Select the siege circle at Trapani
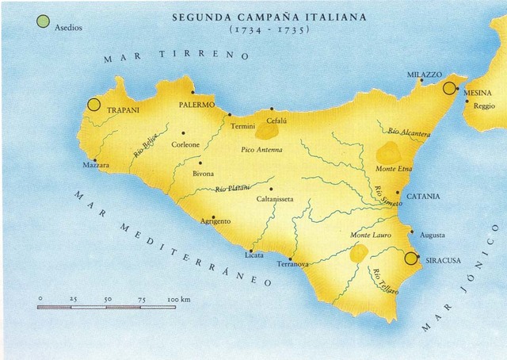93,104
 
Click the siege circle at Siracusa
410,258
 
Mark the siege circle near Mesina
450,88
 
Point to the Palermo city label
197,104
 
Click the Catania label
423,196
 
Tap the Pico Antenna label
261,149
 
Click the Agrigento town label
216,221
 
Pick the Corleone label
189,144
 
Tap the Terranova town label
292,269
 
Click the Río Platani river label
233,187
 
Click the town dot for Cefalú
272,109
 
